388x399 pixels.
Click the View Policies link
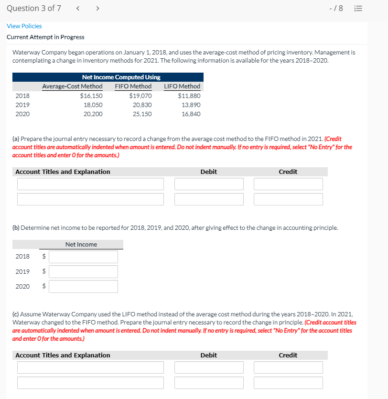pos(24,26)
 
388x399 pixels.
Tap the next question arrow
pos(97,9)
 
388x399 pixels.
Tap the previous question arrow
pos(78,9)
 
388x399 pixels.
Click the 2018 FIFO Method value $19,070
pos(141,96)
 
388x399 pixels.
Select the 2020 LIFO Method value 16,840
pos(191,114)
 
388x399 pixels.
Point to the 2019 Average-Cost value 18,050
pos(93,105)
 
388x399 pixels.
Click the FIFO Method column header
pos(133,86)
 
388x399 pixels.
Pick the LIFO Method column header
pos(182,86)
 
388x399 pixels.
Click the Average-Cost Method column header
pos(72,86)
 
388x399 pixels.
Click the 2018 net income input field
pos(83,257)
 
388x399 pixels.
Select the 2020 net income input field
pos(83,286)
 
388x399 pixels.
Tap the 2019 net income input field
pos(83,271)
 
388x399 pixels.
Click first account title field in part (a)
pos(90,184)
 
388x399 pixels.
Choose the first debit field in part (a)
pos(209,184)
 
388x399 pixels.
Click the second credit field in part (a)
pos(288,199)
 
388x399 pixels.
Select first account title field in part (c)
pos(90,367)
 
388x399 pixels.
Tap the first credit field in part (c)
pos(288,367)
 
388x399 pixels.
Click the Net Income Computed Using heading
pos(121,77)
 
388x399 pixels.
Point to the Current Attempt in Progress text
pos(45,37)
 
